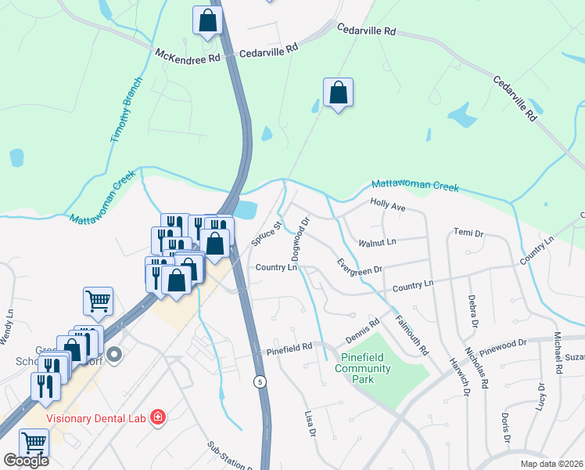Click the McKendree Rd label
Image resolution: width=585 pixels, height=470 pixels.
click(x=188, y=56)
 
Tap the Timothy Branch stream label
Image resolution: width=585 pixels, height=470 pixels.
click(x=127, y=110)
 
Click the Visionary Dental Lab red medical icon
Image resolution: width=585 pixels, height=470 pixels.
click(x=158, y=416)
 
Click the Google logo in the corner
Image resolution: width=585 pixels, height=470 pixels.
click(x=25, y=461)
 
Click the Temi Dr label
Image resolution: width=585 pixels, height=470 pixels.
click(x=468, y=233)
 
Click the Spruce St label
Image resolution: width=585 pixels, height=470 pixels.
click(x=266, y=234)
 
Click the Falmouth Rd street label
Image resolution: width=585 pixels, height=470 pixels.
click(x=412, y=333)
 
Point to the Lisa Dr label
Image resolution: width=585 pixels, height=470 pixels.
click(x=310, y=421)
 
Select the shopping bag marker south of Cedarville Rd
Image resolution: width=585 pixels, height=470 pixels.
click(x=338, y=92)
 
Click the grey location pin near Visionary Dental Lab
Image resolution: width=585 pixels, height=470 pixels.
click(x=115, y=356)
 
